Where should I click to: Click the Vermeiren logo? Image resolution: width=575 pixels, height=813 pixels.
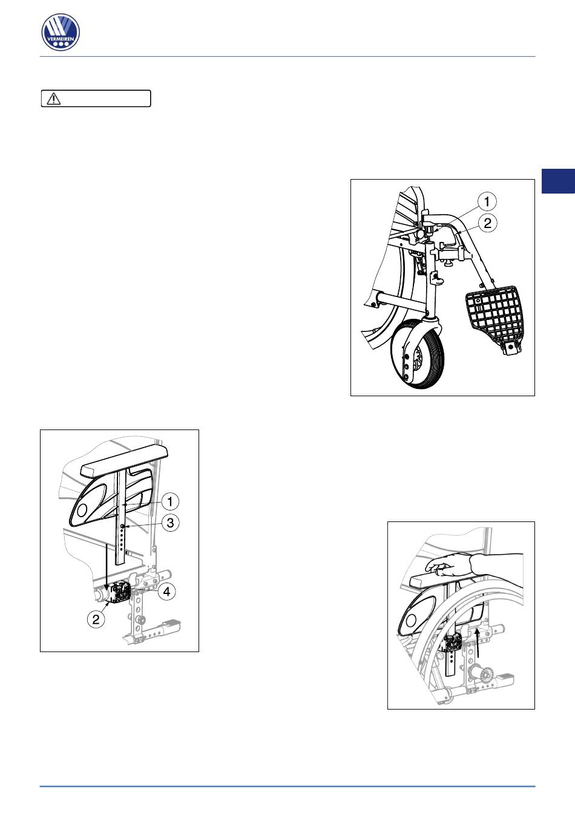click(x=61, y=32)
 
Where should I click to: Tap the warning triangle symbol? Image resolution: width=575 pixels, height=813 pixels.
click(x=53, y=99)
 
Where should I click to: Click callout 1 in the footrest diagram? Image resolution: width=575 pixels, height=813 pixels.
click(x=487, y=201)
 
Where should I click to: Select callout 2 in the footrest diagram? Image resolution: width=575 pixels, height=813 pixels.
click(x=487, y=223)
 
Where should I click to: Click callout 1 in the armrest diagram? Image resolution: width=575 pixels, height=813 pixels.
click(x=169, y=502)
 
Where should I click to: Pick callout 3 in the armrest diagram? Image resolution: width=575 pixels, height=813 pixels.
click(x=170, y=523)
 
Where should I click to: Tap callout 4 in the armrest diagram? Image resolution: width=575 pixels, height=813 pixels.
click(x=166, y=592)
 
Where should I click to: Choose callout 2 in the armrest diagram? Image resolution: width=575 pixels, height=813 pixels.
click(x=96, y=619)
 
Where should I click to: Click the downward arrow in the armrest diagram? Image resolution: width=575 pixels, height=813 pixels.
click(x=106, y=567)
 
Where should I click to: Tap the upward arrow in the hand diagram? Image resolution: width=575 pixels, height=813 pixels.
click(x=479, y=644)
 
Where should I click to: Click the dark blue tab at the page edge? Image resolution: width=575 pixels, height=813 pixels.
click(x=558, y=181)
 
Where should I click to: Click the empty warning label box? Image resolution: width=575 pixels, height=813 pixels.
click(x=96, y=99)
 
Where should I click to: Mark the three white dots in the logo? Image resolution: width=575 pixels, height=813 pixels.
click(x=61, y=44)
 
